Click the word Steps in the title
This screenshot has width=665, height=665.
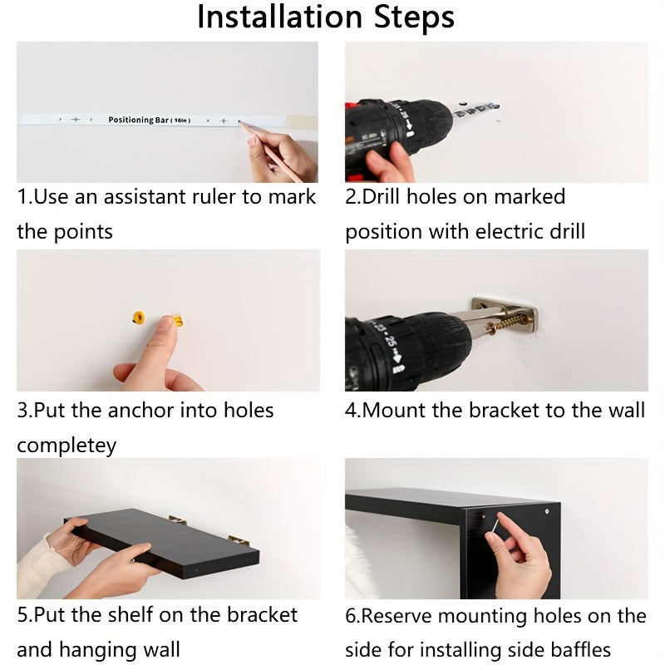[x=414, y=17]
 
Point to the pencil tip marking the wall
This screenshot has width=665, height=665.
[x=240, y=122]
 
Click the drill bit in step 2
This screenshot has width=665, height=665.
[x=475, y=110]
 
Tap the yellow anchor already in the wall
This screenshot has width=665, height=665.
[x=139, y=318]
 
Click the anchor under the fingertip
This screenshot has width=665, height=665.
[x=177, y=320]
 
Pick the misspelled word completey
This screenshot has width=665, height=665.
[x=66, y=446]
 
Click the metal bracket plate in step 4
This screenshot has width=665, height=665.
[x=505, y=315]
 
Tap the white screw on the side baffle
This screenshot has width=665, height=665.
[x=547, y=511]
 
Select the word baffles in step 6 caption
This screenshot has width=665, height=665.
[x=580, y=650]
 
